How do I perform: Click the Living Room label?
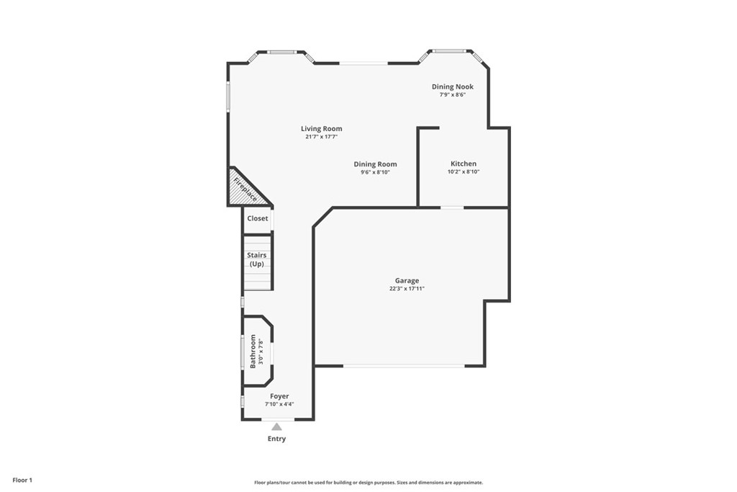(322, 128)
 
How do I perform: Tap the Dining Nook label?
(453, 86)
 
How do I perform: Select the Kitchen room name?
(464, 164)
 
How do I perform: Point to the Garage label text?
(407, 281)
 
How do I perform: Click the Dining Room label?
(375, 164)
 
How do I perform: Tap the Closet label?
(258, 218)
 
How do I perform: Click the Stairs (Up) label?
(257, 259)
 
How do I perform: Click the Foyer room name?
(279, 396)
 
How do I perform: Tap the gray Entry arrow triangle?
(277, 426)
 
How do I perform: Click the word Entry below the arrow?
(277, 439)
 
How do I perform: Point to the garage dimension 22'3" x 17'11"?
(407, 289)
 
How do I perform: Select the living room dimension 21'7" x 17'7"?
(322, 137)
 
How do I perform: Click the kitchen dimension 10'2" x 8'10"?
(464, 171)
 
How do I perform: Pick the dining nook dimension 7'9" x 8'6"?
(453, 94)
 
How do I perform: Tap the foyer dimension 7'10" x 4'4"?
(279, 404)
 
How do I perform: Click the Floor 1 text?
(22, 480)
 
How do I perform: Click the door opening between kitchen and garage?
(452, 207)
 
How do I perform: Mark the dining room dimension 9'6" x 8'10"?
(375, 172)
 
